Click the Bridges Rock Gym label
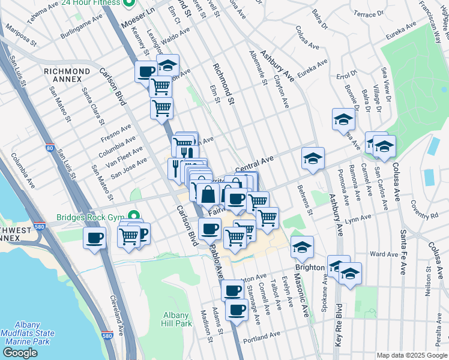pyautogui.click(x=90, y=217)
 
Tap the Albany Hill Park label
pyautogui.click(x=177, y=319)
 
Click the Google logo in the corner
pyautogui.click(x=20, y=353)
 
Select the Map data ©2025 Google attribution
pyautogui.click(x=411, y=355)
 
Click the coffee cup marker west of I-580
pyautogui.click(x=94, y=238)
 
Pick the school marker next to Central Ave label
pyautogui.click(x=312, y=158)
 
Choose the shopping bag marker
pyautogui.click(x=208, y=195)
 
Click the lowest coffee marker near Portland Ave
pyautogui.click(x=237, y=310)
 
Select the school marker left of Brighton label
pyautogui.click(x=301, y=247)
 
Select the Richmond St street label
pyautogui.click(x=221, y=84)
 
